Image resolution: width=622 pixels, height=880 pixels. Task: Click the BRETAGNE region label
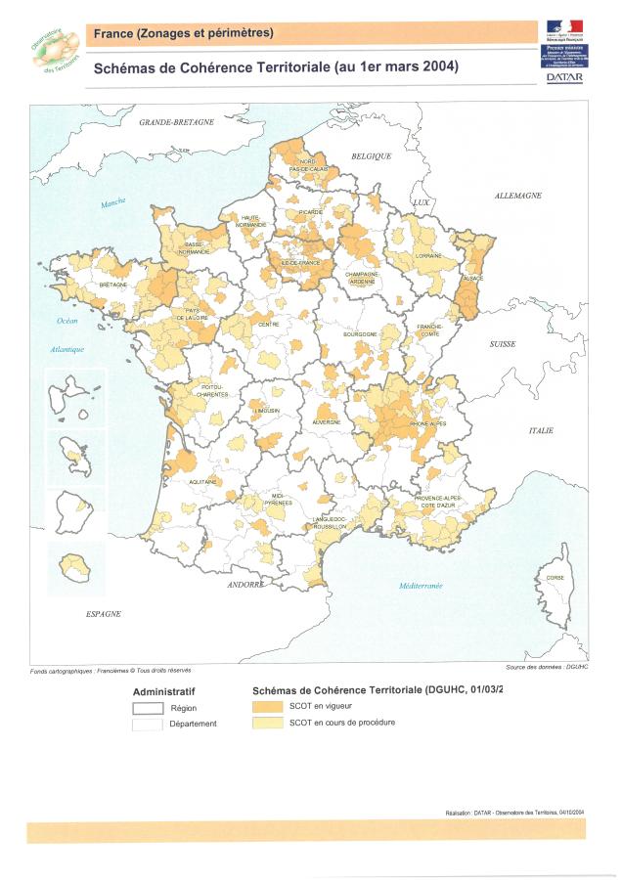coord(113,285)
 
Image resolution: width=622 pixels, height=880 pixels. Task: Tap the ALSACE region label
coord(473,279)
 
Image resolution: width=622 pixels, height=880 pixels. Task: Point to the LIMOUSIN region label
coord(266,411)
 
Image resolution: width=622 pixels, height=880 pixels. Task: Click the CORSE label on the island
coord(555,578)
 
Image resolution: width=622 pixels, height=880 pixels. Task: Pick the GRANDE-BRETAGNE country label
coord(176,122)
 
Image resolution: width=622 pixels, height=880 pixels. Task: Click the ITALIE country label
coord(541,430)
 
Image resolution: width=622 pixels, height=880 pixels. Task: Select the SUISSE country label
coord(502,344)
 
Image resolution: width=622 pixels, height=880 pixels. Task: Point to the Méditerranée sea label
coord(421,586)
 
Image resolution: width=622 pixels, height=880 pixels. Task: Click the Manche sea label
coord(113,203)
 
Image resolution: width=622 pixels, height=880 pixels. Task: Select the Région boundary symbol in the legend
coord(147,708)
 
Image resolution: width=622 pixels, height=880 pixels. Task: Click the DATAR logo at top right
coord(564,76)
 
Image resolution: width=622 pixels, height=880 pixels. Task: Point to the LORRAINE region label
coord(428,255)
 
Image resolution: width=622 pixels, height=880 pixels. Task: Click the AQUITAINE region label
coord(202,482)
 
